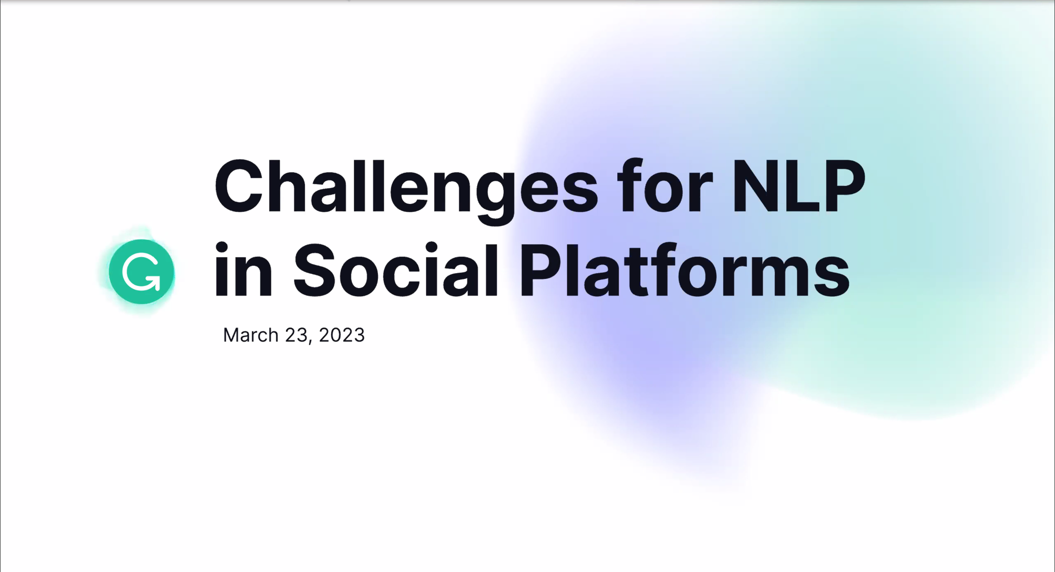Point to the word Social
[396, 269]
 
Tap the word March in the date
[251, 335]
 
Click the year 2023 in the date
[341, 335]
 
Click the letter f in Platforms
[663, 268]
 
